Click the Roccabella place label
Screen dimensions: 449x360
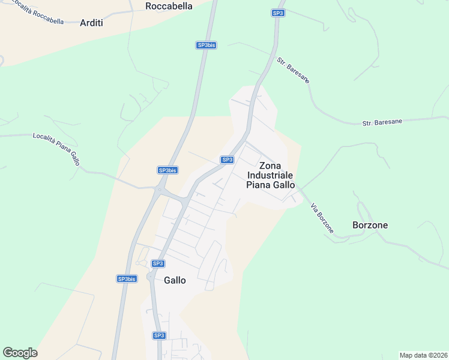(x=169, y=6)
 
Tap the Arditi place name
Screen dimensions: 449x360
(x=91, y=23)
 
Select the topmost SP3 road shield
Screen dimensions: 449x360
(x=277, y=13)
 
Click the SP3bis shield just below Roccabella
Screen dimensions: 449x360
(x=206, y=45)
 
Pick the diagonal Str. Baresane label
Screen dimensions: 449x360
(x=293, y=70)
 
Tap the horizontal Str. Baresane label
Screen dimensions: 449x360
(x=382, y=122)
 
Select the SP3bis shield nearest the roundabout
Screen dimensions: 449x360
(x=167, y=170)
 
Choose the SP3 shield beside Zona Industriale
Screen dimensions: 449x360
(x=227, y=160)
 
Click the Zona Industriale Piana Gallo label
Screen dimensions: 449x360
(x=271, y=175)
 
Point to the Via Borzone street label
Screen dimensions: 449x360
(x=322, y=218)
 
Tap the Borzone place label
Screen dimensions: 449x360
(x=370, y=226)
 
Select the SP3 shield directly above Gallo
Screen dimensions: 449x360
(x=158, y=263)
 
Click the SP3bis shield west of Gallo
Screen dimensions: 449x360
(x=127, y=278)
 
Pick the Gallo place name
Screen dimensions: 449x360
(x=175, y=280)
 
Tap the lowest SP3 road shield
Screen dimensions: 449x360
(x=158, y=335)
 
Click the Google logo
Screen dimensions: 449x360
(x=20, y=353)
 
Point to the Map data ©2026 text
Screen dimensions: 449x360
(x=423, y=355)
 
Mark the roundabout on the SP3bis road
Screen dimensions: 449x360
(x=159, y=191)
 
